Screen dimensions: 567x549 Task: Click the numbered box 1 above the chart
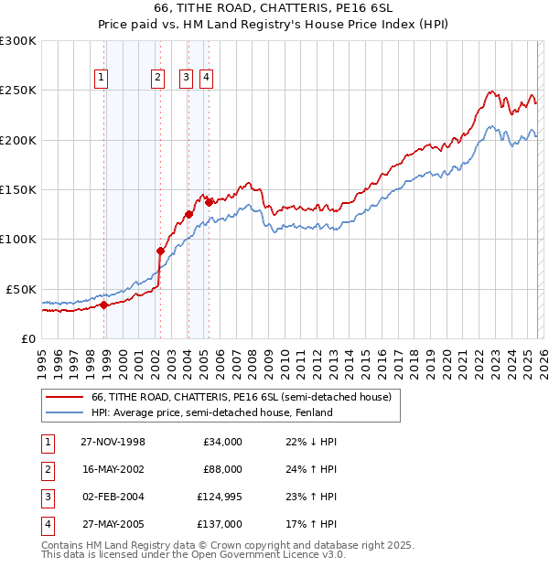100,78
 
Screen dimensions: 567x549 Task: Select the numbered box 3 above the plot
186,78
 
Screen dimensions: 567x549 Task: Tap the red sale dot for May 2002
160,251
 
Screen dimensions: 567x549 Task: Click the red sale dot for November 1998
104,305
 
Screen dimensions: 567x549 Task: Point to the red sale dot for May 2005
209,202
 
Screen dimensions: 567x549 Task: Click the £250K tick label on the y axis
18,91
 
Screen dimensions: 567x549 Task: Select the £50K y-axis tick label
22,289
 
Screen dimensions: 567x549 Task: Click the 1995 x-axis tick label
41,357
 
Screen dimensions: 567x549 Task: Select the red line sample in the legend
65,397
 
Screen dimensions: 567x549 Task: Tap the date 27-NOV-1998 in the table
113,442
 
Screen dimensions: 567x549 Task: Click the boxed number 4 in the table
47,524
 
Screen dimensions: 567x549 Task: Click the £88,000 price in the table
221,469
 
